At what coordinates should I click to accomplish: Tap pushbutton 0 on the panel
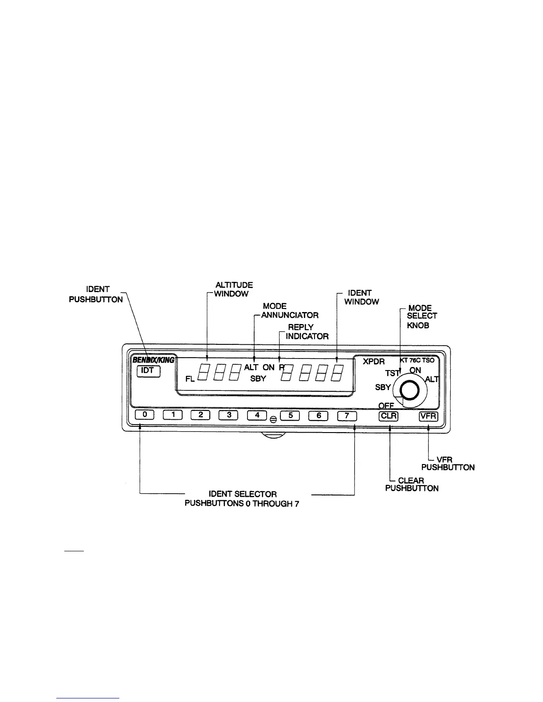[x=145, y=415]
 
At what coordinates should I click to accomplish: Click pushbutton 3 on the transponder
[x=228, y=415]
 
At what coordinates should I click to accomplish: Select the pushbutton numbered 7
[x=347, y=416]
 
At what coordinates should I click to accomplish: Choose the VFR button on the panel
[x=429, y=416]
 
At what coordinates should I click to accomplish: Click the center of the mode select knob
[x=409, y=390]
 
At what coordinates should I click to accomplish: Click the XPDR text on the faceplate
[x=374, y=361]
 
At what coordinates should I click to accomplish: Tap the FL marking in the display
[x=190, y=379]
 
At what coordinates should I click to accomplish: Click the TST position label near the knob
[x=392, y=373]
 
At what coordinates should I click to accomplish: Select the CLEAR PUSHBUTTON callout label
[x=412, y=484]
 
